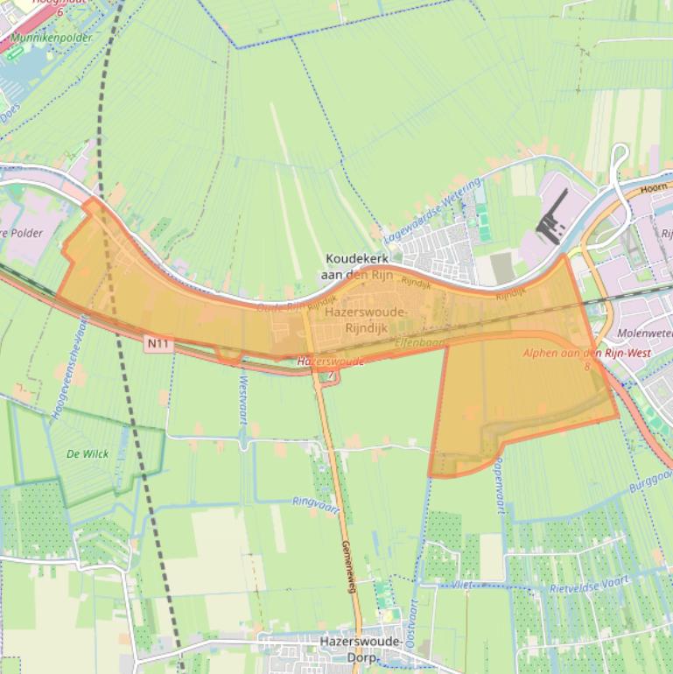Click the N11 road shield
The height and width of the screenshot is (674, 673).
tap(158, 344)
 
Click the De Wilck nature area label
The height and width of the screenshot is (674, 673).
tap(87, 453)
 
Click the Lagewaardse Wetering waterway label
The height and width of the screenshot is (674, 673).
tap(433, 211)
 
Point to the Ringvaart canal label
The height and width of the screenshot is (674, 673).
tap(314, 505)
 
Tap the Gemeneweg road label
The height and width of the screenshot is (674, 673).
tap(347, 565)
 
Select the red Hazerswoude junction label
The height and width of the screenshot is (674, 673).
tap(330, 361)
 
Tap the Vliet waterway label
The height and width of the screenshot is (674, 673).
tap(463, 582)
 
